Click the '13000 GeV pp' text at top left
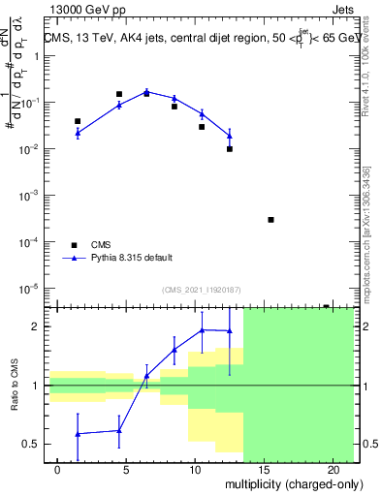coord(85,11)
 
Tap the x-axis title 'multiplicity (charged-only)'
coord(291,483)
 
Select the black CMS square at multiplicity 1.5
coord(78,121)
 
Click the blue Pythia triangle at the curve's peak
coord(146,91)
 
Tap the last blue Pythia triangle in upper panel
coord(230,135)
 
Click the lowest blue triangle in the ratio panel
coord(78,434)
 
